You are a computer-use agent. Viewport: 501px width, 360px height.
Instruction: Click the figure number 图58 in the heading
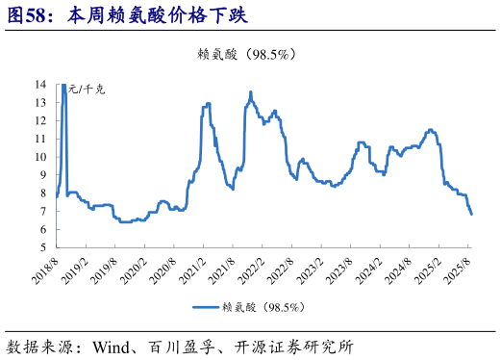28,15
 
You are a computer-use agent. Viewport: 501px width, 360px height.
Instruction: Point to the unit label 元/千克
87,90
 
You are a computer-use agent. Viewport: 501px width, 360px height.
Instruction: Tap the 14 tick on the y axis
42,85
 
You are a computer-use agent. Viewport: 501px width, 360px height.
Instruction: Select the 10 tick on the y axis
42,157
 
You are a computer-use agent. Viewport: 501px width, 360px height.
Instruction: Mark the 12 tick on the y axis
42,120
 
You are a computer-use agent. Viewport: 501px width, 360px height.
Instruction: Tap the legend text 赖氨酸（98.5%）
263,307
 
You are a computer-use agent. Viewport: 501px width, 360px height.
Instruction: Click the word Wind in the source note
112,345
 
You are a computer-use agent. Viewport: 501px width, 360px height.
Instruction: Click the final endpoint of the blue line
471,214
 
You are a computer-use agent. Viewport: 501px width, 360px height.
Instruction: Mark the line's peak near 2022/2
251,92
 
